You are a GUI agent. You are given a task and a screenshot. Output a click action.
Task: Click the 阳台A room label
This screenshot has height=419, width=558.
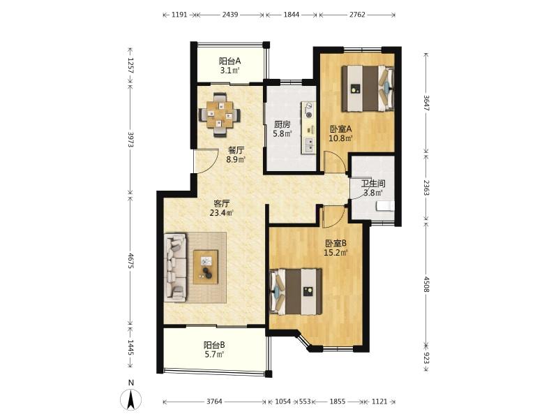(229, 61)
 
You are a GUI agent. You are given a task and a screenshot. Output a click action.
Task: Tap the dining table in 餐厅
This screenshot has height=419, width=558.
(219, 114)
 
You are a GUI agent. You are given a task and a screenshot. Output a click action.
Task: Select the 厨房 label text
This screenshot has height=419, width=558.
(282, 125)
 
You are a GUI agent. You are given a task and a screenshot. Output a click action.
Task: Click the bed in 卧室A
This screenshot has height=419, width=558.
(368, 89)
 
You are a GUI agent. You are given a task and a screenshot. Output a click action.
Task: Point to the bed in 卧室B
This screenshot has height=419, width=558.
(296, 291)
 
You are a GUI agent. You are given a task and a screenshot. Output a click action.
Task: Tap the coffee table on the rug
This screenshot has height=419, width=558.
(205, 267)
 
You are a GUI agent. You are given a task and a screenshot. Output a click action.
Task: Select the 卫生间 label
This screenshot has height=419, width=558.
(373, 184)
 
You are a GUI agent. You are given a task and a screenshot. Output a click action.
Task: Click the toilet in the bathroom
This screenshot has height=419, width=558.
(385, 206)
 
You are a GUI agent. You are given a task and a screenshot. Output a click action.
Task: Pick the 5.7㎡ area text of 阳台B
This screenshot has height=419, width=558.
(213, 355)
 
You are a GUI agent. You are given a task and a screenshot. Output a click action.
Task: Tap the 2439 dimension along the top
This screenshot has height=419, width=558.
(230, 15)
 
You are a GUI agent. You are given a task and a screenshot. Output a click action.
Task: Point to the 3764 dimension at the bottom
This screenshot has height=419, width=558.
(214, 402)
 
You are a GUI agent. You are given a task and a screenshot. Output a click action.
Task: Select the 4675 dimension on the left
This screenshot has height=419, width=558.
(131, 261)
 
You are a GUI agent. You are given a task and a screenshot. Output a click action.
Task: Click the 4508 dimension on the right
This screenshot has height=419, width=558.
(426, 284)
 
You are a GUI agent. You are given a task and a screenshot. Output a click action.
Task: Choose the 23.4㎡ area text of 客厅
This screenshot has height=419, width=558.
(221, 213)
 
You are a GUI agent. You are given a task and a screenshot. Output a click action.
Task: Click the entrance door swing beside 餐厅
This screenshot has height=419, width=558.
(205, 161)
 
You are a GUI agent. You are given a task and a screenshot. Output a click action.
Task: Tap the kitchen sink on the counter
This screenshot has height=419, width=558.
(309, 145)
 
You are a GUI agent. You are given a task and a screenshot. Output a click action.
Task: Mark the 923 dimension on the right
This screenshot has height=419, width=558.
(426, 357)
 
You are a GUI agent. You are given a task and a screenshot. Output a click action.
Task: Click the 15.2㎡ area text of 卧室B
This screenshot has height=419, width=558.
(335, 253)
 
